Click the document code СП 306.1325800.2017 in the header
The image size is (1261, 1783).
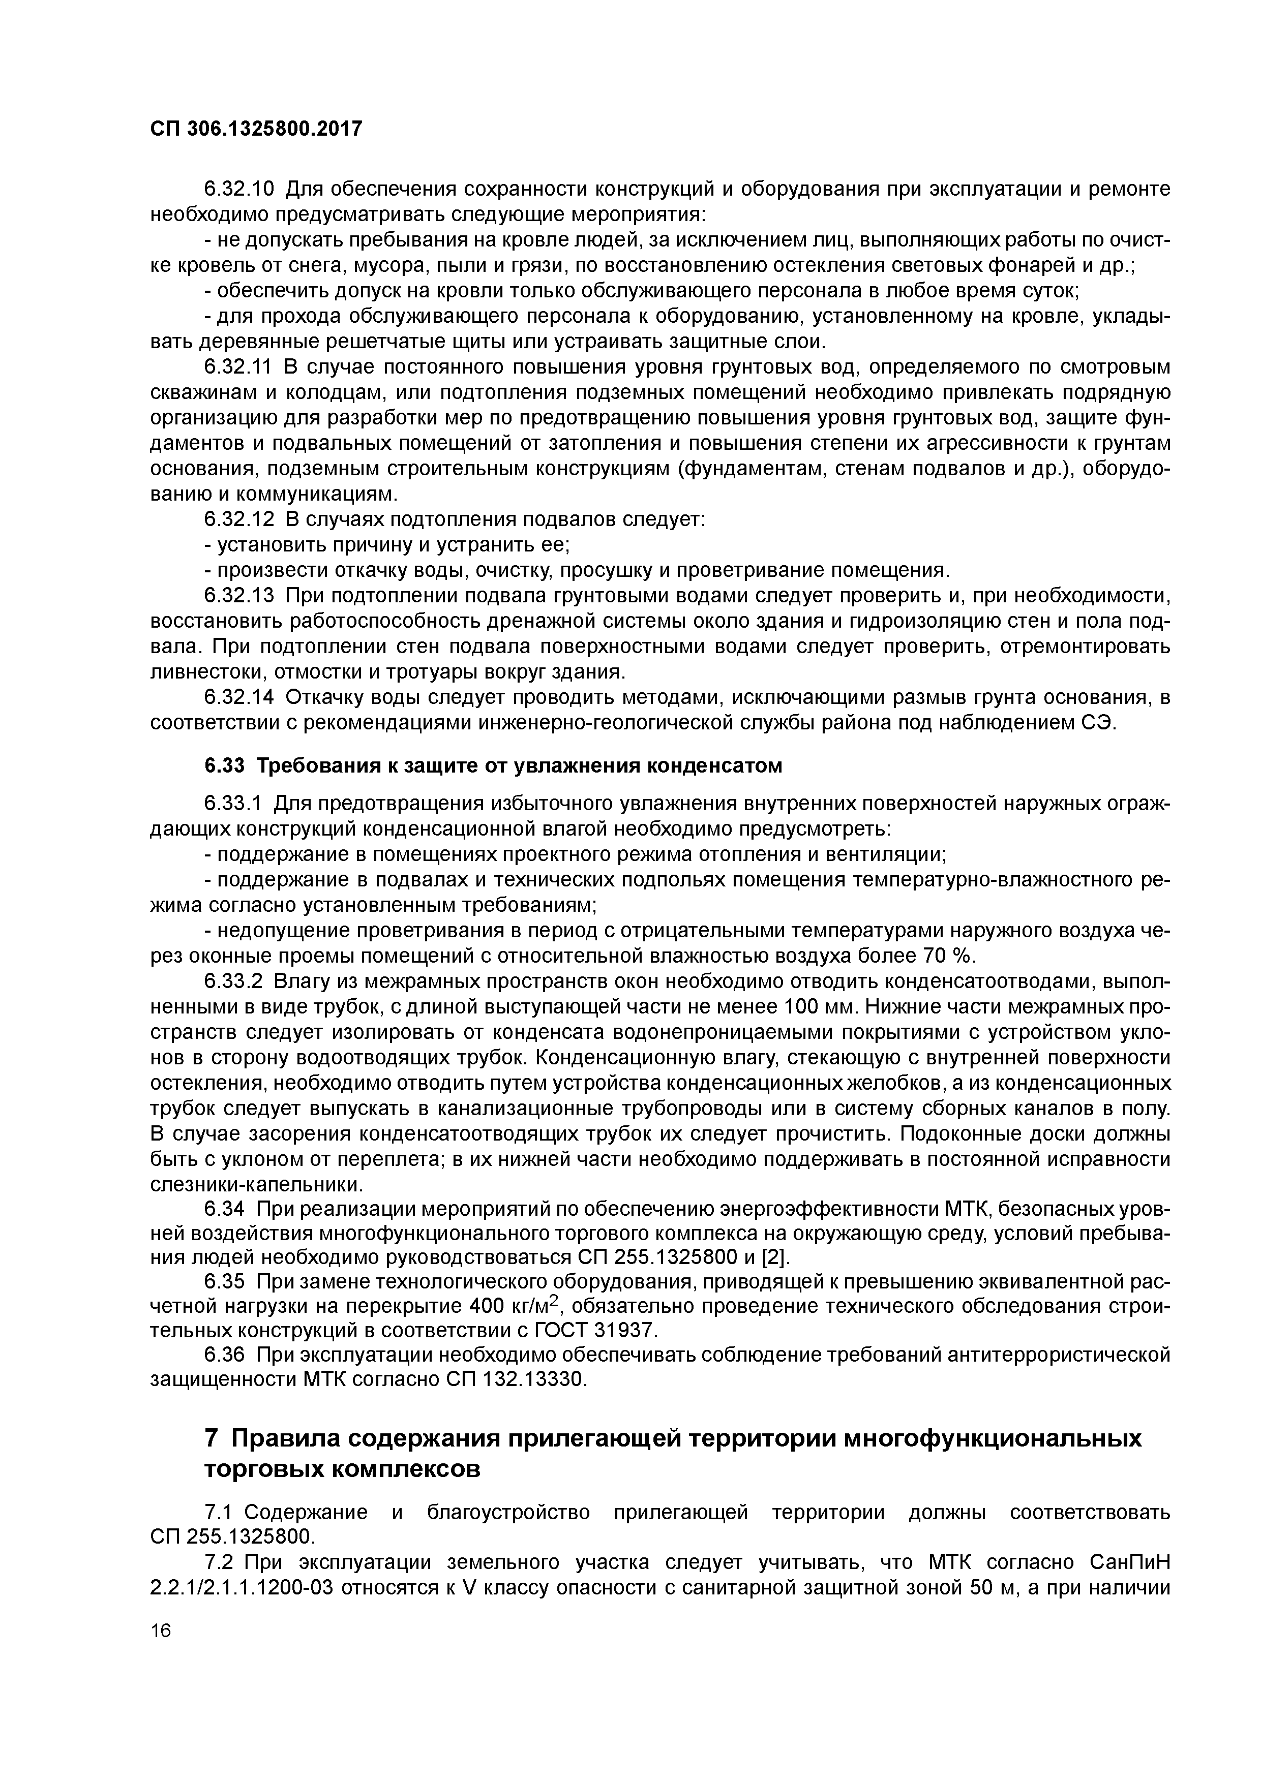click(256, 128)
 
